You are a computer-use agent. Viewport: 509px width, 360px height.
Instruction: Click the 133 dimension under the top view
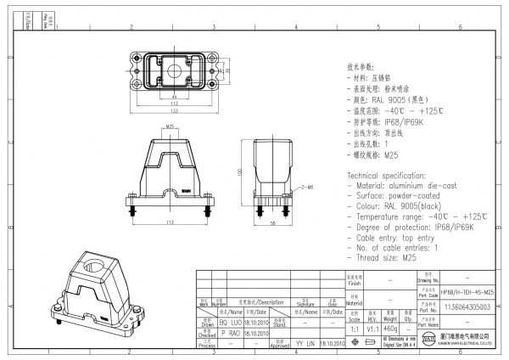[173, 110]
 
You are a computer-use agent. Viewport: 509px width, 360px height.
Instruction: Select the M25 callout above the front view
[171, 127]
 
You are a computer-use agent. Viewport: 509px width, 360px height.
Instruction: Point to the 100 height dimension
[240, 172]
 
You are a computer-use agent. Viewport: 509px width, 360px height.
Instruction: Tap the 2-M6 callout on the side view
[306, 185]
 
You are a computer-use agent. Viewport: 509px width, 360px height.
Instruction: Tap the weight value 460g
[390, 327]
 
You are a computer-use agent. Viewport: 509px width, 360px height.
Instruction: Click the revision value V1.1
[372, 327]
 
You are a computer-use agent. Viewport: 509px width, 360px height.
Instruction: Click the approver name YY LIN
[305, 344]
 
